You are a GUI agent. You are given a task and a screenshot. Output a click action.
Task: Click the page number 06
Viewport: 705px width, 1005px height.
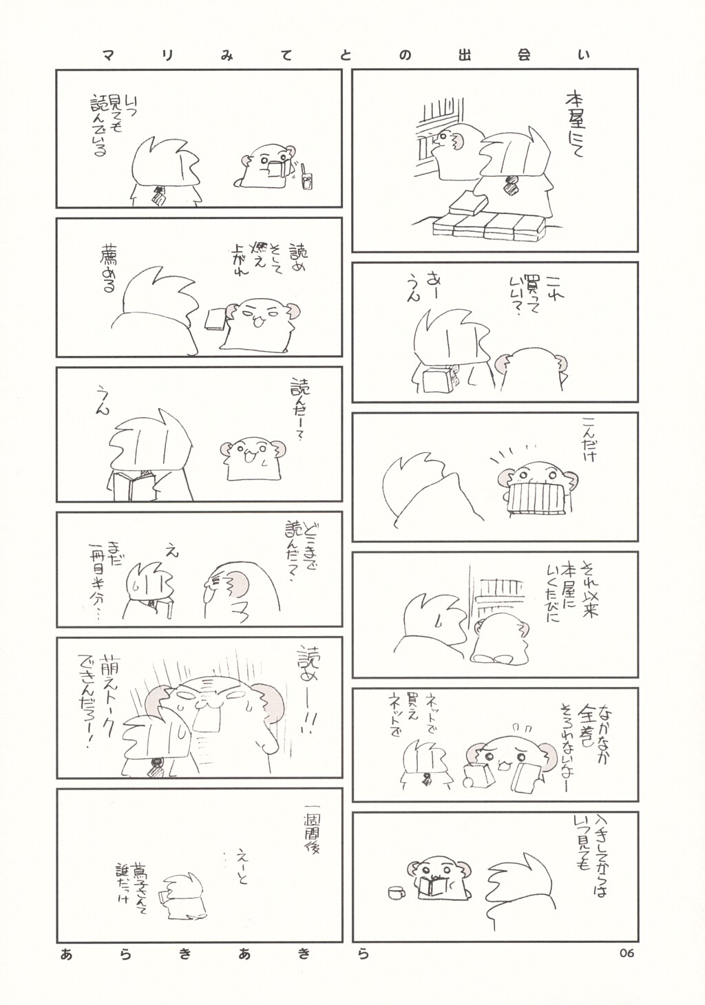(626, 953)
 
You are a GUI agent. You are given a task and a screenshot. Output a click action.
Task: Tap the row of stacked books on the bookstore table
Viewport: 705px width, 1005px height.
(488, 226)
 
